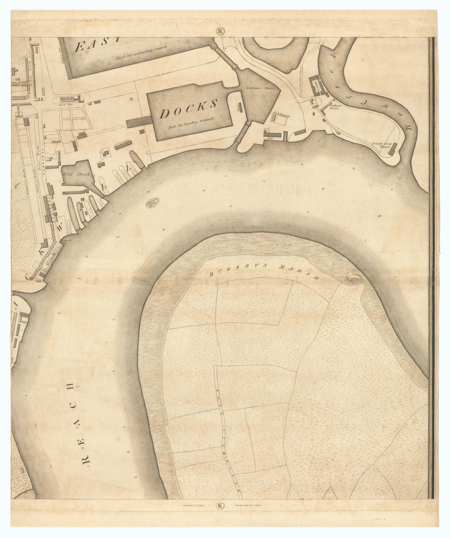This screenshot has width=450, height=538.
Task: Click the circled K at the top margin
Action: click(x=220, y=31)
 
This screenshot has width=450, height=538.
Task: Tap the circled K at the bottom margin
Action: click(x=220, y=505)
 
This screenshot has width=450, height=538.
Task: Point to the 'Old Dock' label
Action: click(x=71, y=175)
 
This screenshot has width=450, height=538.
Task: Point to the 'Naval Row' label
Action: click(x=64, y=105)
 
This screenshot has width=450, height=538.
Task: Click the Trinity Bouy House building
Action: click(x=392, y=149)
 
